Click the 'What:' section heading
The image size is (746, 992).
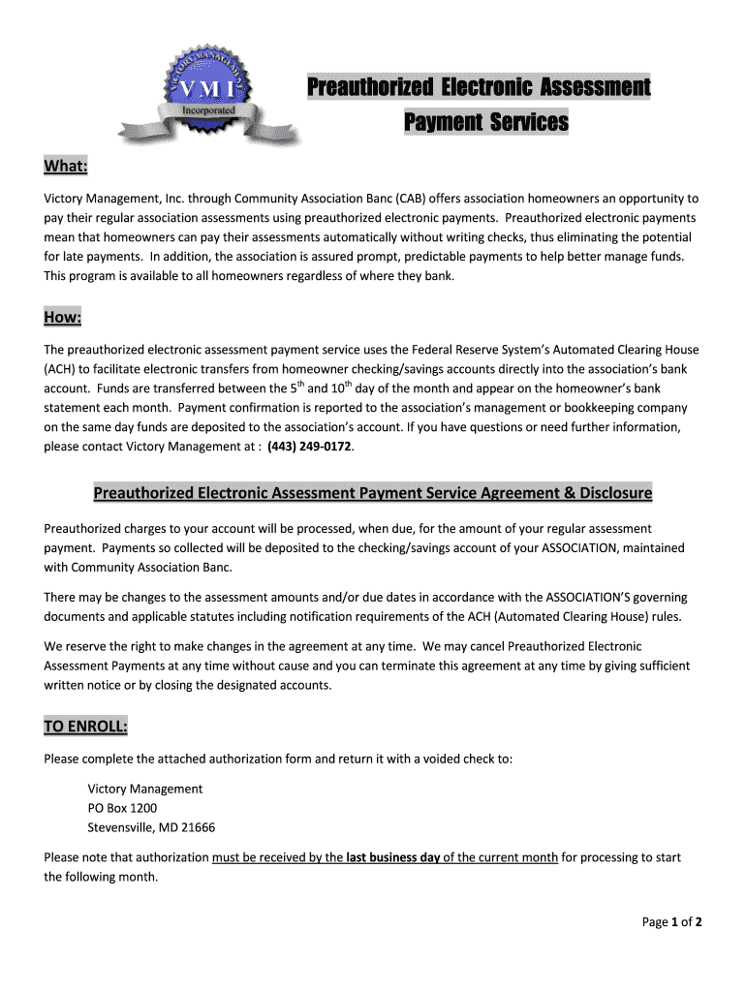(66, 168)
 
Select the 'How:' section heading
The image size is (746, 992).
(63, 319)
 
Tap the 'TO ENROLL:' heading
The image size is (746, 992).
(85, 727)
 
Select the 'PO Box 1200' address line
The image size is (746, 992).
(122, 808)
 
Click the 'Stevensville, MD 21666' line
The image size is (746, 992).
(151, 827)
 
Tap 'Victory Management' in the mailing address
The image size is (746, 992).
(145, 789)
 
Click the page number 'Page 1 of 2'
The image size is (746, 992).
(671, 922)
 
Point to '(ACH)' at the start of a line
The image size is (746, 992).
(63, 369)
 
